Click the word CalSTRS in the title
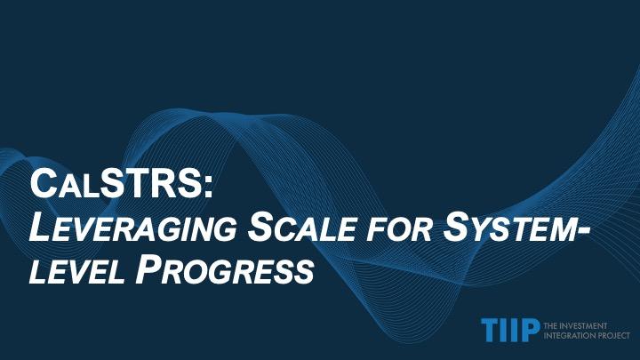click(x=116, y=184)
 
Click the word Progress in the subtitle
click(x=225, y=269)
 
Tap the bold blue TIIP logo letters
click(x=510, y=330)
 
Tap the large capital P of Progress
click(x=147, y=269)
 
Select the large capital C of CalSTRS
click(x=44, y=184)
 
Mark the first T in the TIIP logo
click(x=490, y=330)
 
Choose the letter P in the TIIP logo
click(x=529, y=330)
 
